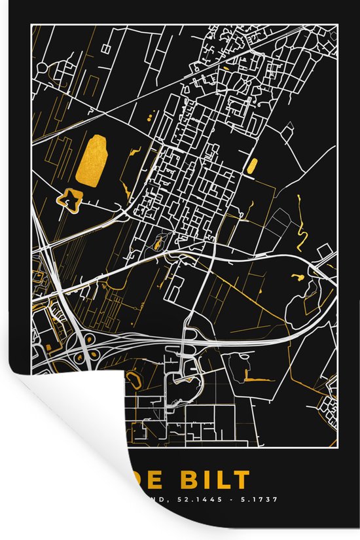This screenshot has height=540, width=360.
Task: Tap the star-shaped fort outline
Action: point(69,200)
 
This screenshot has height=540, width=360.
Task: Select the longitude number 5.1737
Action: point(262,499)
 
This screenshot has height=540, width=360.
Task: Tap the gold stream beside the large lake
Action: point(135,153)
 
